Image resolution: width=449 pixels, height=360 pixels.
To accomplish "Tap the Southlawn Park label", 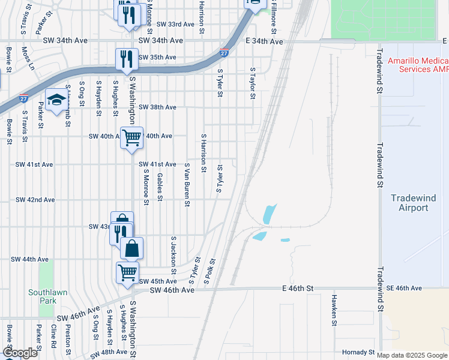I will pyautogui.click(x=43, y=298).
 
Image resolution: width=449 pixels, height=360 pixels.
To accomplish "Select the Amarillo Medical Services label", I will pyautogui.click(x=418, y=65).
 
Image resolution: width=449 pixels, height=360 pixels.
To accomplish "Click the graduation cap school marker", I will pyautogui.click(x=56, y=100).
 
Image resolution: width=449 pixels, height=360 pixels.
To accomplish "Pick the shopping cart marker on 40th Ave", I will pyautogui.click(x=131, y=138).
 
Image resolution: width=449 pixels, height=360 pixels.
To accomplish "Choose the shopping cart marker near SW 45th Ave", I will pyautogui.click(x=127, y=272).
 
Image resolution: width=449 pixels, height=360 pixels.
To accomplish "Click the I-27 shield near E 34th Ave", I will pyautogui.click(x=224, y=53).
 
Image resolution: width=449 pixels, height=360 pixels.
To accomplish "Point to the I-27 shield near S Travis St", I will pyautogui.click(x=24, y=98).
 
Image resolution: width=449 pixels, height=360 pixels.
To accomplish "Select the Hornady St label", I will pyautogui.click(x=358, y=352).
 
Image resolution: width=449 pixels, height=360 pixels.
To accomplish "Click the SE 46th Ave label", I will pyautogui.click(x=405, y=289).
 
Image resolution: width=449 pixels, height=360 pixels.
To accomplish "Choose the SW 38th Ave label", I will pyautogui.click(x=157, y=107).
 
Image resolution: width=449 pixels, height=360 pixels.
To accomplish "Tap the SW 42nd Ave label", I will pyautogui.click(x=35, y=200).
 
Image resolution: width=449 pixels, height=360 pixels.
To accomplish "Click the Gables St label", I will pyautogui.click(x=160, y=187).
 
